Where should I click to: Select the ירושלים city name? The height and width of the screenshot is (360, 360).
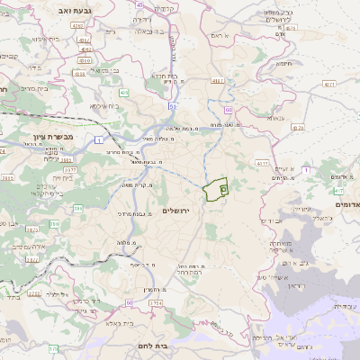(x=178, y=210)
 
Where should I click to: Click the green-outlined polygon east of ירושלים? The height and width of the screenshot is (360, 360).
(x=215, y=190)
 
